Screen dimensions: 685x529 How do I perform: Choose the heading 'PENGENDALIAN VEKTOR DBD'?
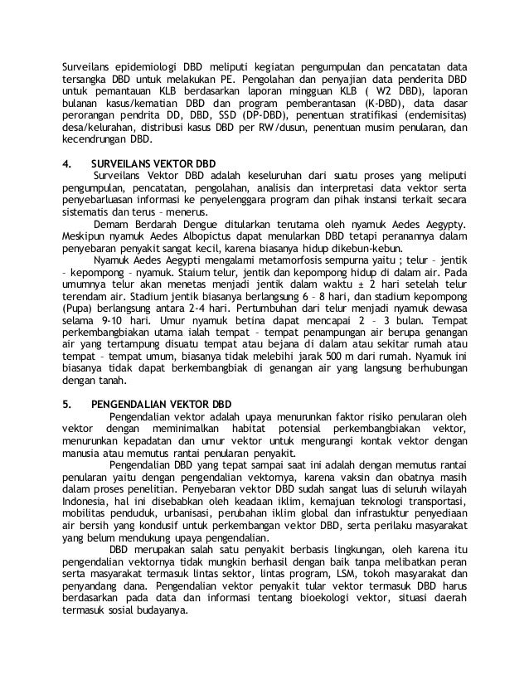162,406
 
